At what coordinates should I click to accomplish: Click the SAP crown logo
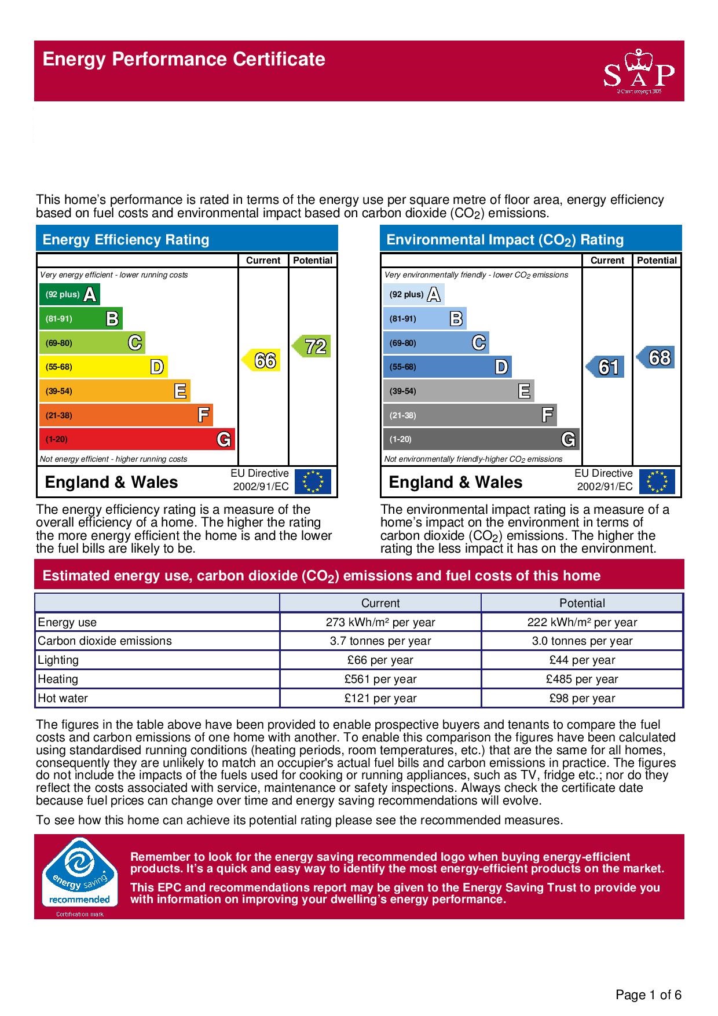(639, 71)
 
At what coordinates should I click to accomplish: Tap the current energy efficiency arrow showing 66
(262, 360)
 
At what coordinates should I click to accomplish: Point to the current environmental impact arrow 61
(606, 367)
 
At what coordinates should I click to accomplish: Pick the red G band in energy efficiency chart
(137, 439)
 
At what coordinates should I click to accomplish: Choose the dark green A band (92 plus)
(69, 294)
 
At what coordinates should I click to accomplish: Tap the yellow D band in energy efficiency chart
(103, 367)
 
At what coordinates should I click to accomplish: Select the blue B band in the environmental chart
(424, 319)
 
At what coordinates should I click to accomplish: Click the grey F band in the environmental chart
(470, 415)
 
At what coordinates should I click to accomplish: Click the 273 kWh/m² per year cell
(380, 622)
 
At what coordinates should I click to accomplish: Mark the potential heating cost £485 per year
(582, 679)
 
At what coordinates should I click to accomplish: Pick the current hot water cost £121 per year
(380, 698)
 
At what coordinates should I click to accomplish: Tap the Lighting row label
(58, 660)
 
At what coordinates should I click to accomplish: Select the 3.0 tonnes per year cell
(582, 641)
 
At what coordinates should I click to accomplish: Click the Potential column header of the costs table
(582, 603)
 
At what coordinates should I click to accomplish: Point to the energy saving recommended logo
(79, 876)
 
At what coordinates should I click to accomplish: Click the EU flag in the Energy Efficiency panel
(313, 481)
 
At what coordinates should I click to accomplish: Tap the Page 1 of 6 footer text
(649, 995)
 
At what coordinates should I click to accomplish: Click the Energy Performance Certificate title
(184, 59)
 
